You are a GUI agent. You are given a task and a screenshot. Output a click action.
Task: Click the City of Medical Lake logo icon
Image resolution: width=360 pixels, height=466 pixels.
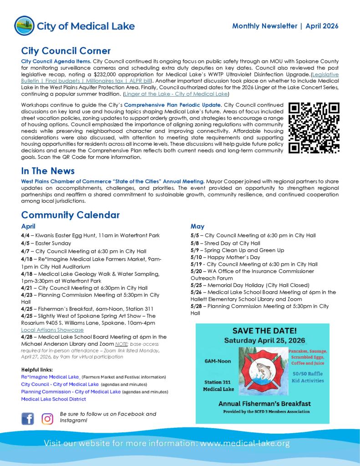point(24,25)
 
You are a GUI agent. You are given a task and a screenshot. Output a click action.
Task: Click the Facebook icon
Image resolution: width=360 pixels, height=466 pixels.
point(28,418)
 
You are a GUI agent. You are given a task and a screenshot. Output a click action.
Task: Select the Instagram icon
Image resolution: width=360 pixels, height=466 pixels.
point(47,418)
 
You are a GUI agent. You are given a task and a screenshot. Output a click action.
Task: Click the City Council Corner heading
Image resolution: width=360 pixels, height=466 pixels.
point(66,51)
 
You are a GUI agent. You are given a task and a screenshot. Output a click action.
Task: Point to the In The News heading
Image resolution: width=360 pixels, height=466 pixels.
point(48,171)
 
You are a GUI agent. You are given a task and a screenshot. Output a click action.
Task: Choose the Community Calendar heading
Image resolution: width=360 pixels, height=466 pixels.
point(70,215)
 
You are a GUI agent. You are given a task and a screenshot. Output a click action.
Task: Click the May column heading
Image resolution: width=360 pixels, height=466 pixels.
point(198,226)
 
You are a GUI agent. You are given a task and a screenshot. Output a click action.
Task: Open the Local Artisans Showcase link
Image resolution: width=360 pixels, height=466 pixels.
point(52,330)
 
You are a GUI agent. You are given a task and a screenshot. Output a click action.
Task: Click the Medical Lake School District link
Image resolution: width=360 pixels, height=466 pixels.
point(53,399)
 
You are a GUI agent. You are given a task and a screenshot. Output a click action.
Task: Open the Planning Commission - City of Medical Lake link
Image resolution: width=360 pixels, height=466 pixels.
point(71,391)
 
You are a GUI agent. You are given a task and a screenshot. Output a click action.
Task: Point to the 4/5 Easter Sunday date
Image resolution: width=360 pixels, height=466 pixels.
point(25,243)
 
